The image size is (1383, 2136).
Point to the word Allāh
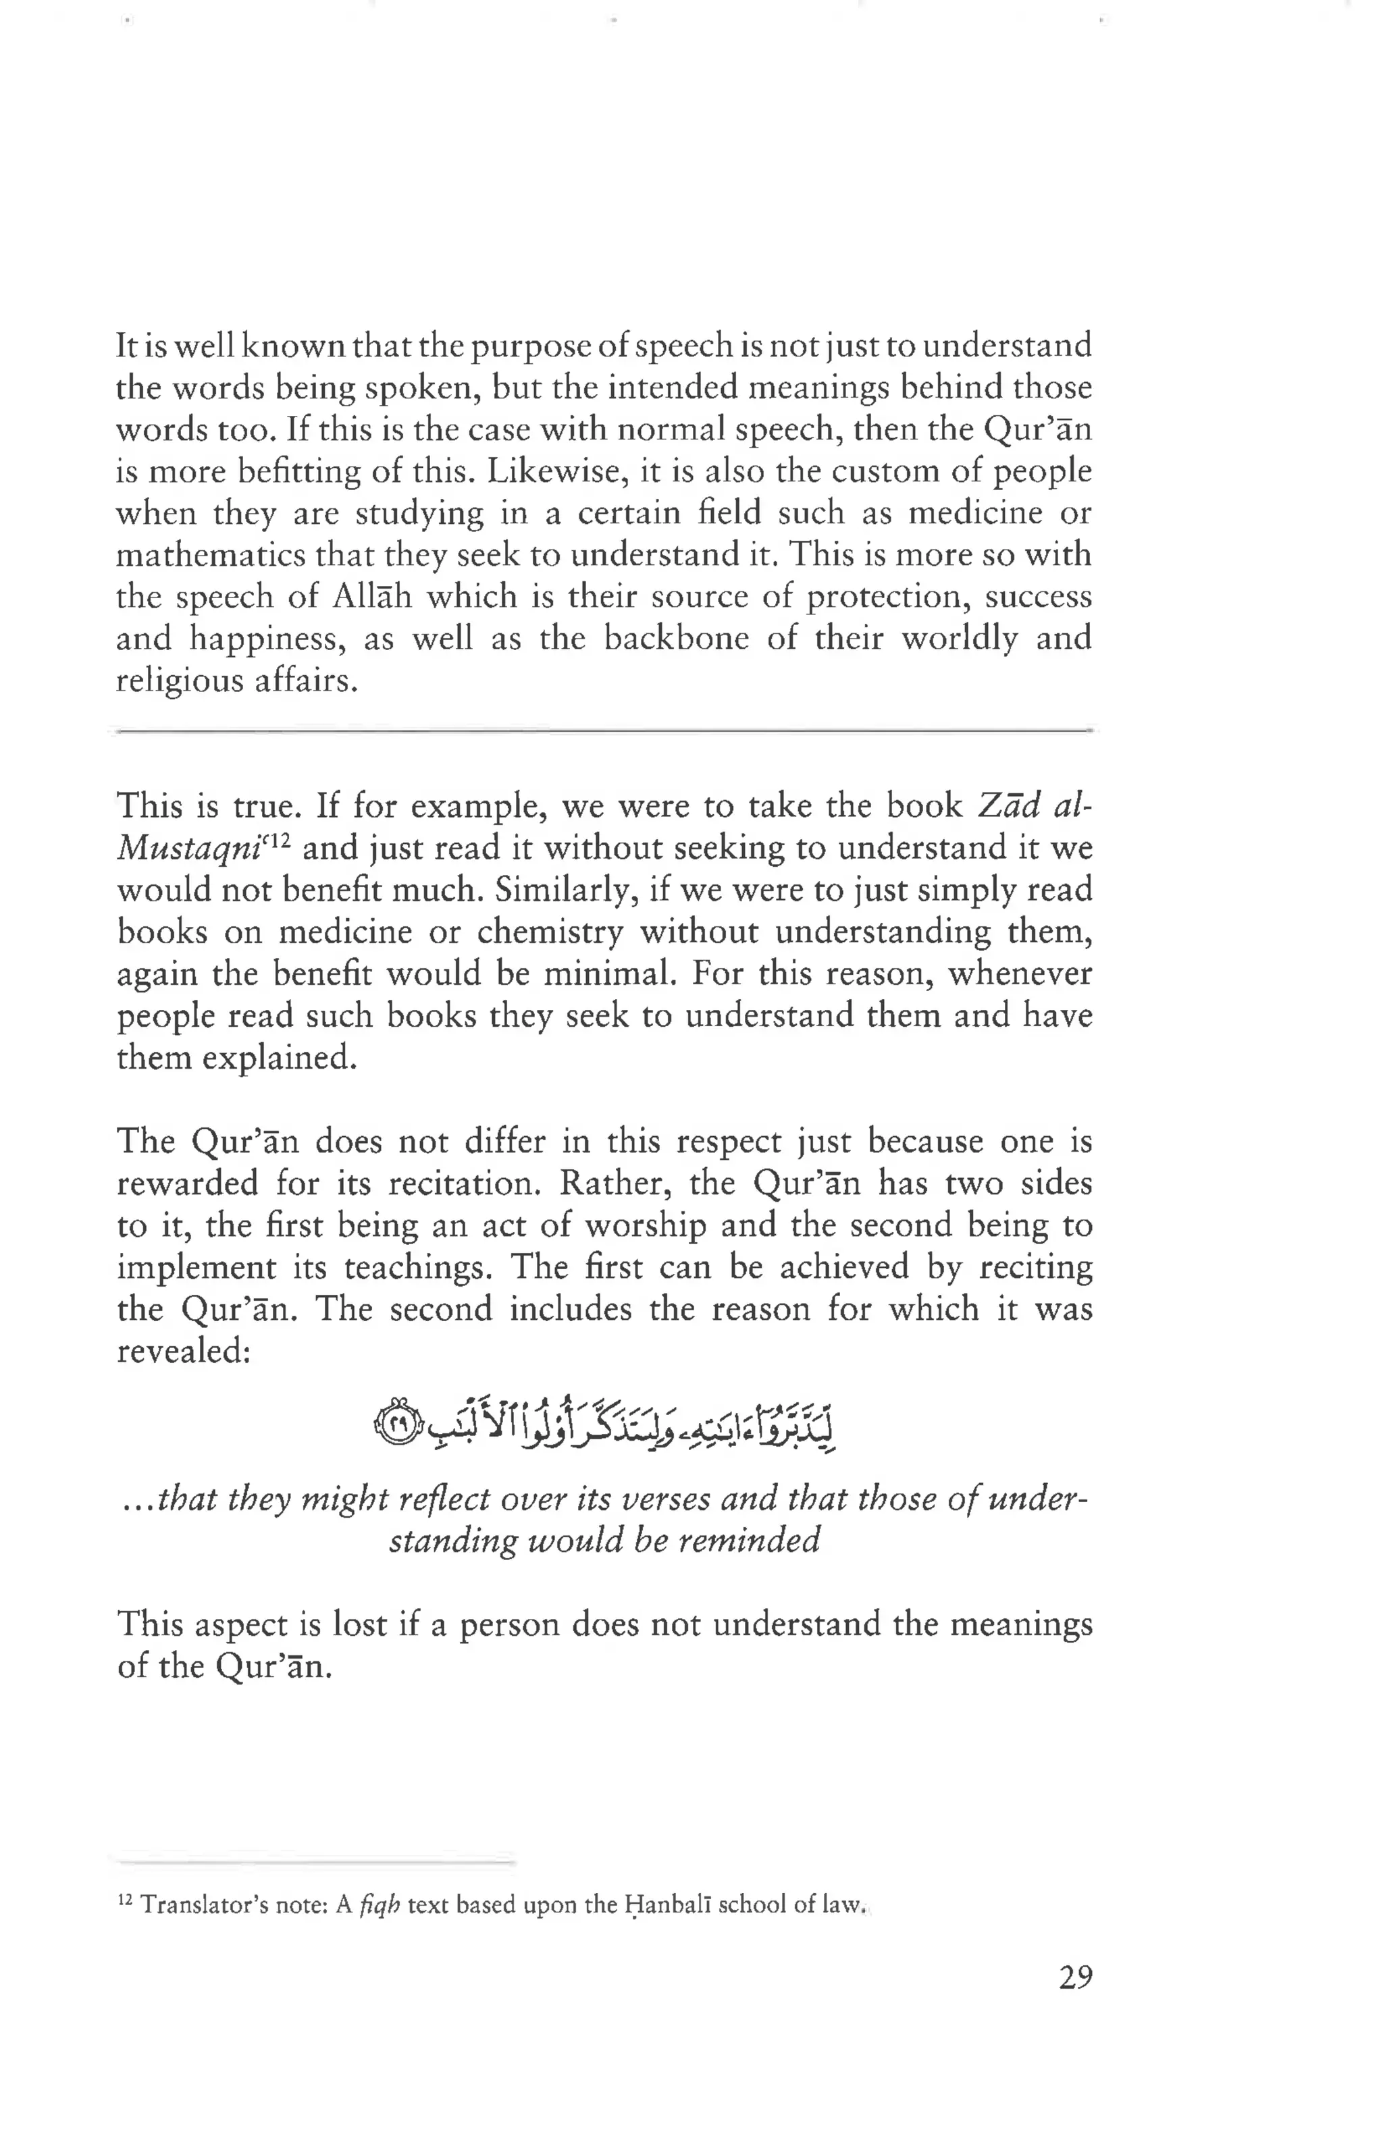click(x=371, y=597)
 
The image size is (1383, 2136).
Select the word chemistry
click(x=549, y=932)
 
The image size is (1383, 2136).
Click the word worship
click(x=646, y=1225)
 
